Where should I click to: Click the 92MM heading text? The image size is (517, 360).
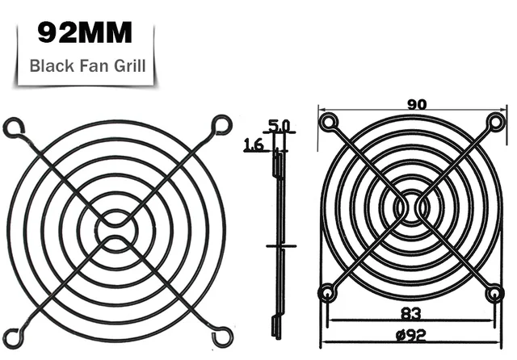[85, 33]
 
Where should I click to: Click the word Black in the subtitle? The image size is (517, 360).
[49, 65]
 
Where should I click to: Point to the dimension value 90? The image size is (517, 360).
[417, 104]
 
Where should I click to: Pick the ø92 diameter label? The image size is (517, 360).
[410, 335]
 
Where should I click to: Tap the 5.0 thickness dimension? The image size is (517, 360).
[279, 126]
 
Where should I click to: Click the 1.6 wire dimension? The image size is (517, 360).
[254, 145]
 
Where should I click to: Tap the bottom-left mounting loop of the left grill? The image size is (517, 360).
[14, 332]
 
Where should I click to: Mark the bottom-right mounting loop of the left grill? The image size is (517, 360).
[219, 332]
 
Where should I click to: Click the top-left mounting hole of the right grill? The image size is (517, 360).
[327, 123]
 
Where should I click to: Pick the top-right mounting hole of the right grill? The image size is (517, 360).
[496, 123]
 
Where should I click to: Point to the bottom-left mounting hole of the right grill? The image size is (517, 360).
[327, 292]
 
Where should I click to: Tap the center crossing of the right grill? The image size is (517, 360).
[411, 207]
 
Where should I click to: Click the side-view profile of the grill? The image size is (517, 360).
[278, 242]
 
